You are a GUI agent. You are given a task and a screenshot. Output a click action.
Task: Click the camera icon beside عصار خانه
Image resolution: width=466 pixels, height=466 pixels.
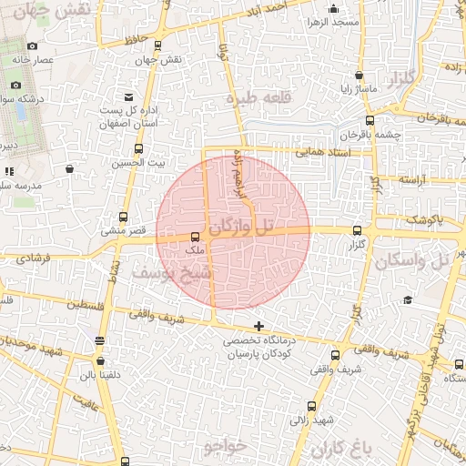pos(33,46)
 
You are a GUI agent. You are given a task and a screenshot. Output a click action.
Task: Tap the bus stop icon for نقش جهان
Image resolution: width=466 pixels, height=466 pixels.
pos(159,45)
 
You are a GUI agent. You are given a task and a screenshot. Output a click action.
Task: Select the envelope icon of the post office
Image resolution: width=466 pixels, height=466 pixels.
pos(128,96)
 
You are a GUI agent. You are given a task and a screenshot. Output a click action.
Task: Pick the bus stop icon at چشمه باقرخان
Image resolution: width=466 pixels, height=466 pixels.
pos(369,120)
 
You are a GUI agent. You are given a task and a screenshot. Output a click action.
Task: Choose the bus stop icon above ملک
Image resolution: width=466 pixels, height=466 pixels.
pos(195,237)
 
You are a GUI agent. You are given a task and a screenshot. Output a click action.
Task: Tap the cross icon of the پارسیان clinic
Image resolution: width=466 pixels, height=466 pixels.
pos(259,325)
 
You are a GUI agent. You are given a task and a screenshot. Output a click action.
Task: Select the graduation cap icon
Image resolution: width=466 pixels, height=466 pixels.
pos(408,300)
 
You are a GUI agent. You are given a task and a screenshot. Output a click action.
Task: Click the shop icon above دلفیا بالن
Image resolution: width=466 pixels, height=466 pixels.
pos(99,341)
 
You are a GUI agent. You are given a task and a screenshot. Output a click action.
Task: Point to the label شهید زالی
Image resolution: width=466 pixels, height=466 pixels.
pos(311,420)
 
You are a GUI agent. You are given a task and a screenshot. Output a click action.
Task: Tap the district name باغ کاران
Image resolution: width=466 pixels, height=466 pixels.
pos(343,448)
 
